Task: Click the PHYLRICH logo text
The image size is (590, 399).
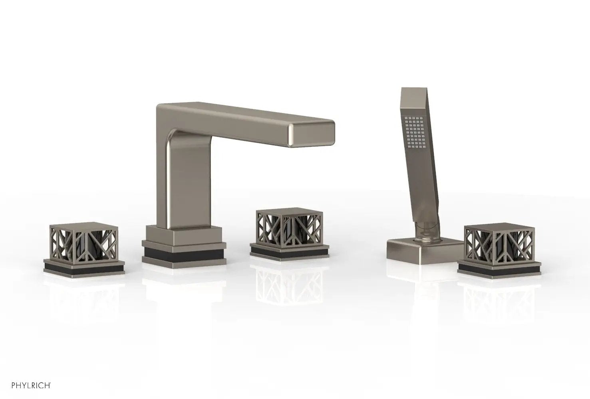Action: coord(31,386)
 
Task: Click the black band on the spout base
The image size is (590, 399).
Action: coord(184,254)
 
